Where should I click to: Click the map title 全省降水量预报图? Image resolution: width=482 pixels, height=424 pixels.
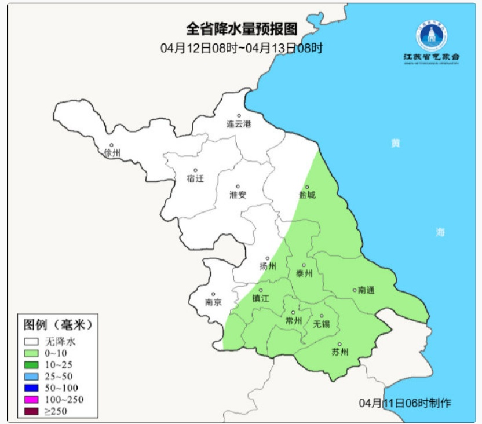pos(241,28)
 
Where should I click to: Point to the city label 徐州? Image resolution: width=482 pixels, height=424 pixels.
pos(112,153)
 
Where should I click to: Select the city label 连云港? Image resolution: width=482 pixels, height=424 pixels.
pos(239,124)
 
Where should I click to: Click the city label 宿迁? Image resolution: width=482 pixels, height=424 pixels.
pos(196,178)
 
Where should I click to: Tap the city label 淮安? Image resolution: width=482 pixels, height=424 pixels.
pos(238,195)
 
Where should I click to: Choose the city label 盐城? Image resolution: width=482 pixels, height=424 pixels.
pos(307,195)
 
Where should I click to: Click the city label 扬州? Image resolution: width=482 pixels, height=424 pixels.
pos(268,266)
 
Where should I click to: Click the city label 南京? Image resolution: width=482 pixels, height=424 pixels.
pos(213,302)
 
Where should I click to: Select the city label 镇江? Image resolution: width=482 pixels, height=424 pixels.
pos(261,299)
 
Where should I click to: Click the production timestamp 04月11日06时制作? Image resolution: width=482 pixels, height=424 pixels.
pos(405,403)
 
